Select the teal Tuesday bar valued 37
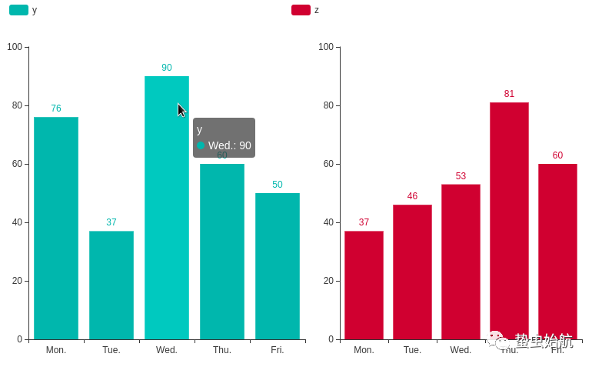[111, 285]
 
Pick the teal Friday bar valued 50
[278, 265]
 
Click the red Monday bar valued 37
[364, 285]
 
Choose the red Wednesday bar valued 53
[461, 262]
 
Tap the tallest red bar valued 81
[509, 215]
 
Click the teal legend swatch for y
[18, 10]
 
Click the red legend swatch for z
[301, 10]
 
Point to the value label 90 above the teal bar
[167, 68]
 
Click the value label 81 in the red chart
[509, 94]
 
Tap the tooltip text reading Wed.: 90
[229, 145]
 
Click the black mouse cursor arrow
[181, 110]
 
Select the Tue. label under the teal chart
[111, 350]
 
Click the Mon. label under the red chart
[364, 350]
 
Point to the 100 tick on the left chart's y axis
[15, 47]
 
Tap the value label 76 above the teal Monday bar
[56, 108]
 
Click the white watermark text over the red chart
[543, 340]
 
